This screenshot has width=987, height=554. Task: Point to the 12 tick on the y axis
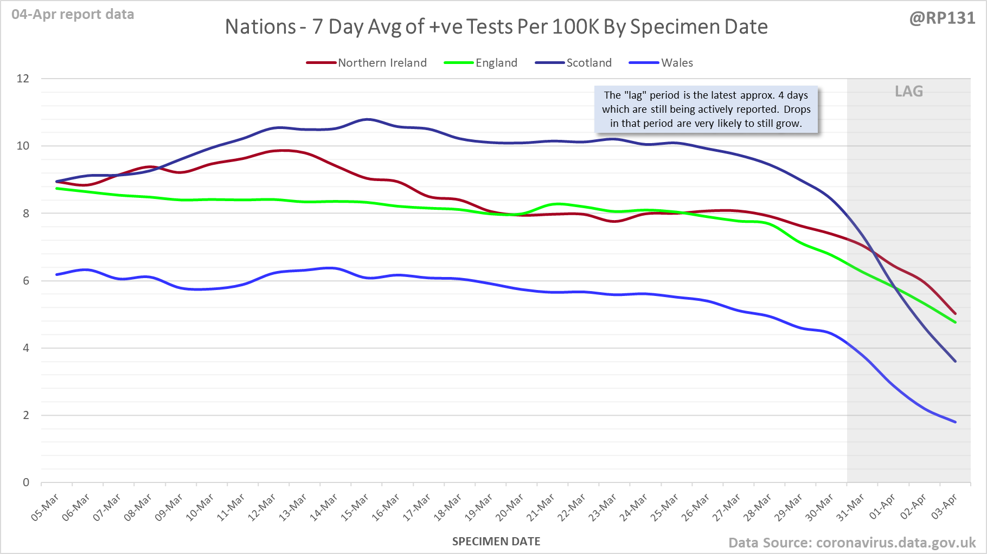[23, 79]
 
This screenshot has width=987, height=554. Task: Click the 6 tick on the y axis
[26, 281]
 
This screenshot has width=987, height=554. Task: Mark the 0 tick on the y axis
[26, 482]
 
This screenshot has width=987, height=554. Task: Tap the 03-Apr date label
[944, 507]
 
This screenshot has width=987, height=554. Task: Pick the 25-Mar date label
[665, 507]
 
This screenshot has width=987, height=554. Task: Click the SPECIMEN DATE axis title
[496, 542]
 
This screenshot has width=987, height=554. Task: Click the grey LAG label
[909, 91]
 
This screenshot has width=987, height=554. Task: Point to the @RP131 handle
[942, 18]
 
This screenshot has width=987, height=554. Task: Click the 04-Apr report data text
[73, 15]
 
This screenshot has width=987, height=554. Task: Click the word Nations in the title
[260, 27]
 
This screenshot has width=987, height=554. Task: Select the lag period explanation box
[706, 109]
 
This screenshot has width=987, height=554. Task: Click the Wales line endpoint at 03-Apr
[955, 422]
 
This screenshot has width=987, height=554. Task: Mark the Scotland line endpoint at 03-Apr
[955, 361]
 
